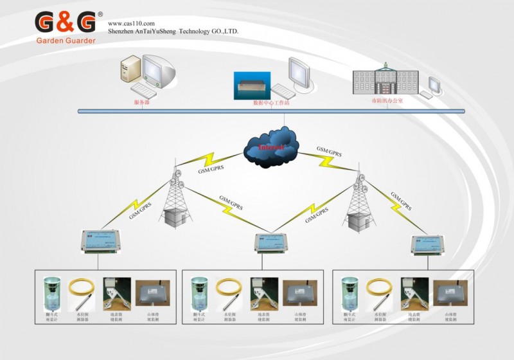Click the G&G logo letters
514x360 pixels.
tap(66, 22)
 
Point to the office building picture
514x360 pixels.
tap(385, 80)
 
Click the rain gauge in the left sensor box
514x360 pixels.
tap(51, 293)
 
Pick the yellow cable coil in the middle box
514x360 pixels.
tap(227, 292)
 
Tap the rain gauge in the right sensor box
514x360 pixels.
tap(350, 293)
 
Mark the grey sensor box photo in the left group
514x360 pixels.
tap(152, 293)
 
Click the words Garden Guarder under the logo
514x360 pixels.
tap(66, 40)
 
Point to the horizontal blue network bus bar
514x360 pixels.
tap(270, 111)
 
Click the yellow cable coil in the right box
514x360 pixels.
tap(379, 292)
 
